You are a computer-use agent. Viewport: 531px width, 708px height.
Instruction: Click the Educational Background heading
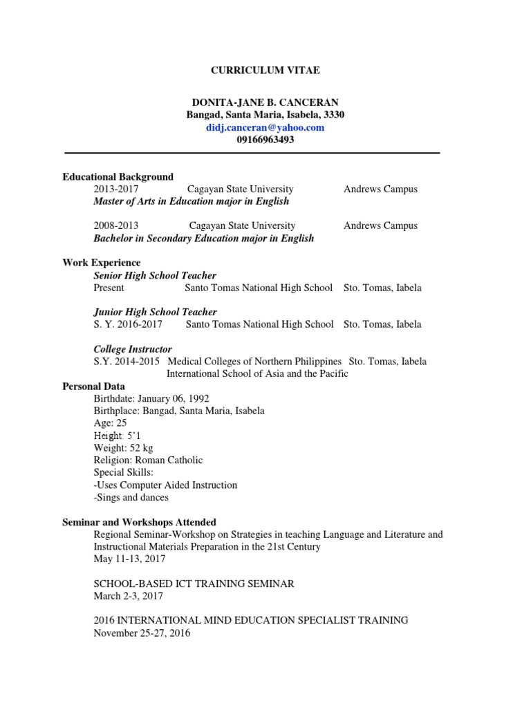tap(118, 177)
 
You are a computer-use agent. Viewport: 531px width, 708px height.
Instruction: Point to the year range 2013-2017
tap(115, 189)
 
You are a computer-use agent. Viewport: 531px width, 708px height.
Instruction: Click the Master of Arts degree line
tap(191, 201)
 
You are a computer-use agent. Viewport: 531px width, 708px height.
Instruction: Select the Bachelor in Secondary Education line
tap(203, 239)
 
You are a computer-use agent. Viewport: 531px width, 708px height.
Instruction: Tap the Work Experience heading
tap(101, 263)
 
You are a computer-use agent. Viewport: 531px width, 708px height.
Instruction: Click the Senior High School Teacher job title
tap(155, 275)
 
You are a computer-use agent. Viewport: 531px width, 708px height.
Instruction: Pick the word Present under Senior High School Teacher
tap(109, 288)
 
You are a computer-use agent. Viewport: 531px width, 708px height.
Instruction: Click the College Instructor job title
tap(133, 349)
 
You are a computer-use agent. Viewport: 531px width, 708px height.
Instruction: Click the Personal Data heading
tap(93, 386)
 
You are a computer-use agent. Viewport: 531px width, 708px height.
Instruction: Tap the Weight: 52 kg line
tap(123, 448)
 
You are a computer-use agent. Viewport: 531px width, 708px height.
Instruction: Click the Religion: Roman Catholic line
tap(148, 460)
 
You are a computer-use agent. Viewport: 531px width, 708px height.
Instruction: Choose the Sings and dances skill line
tap(131, 497)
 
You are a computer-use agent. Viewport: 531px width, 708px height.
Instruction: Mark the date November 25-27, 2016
tap(142, 633)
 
